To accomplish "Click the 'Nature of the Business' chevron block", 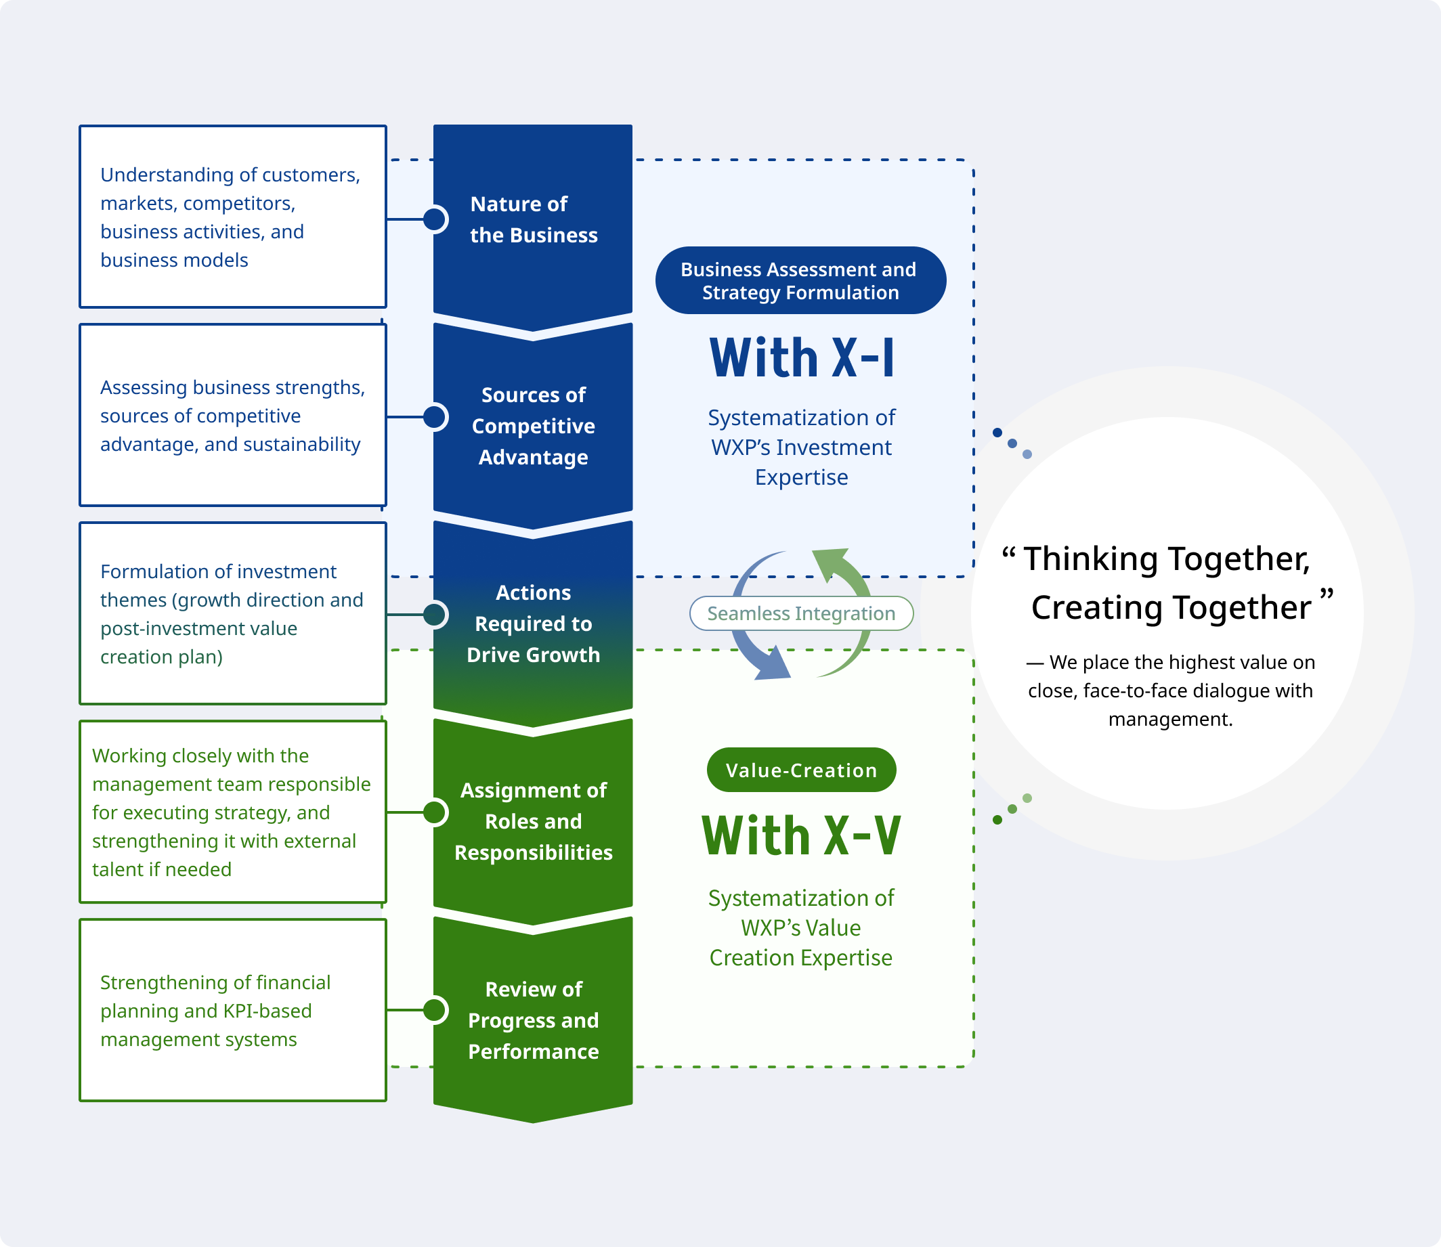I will pos(533,220).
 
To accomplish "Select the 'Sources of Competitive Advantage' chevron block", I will pos(533,425).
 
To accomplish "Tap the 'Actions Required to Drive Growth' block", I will pos(533,623).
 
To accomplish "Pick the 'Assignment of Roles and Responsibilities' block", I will pos(533,821).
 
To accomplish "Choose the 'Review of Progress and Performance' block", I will pos(533,1020).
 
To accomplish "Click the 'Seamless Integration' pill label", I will pos(801,613).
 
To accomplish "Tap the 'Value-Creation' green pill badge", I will pos(801,770).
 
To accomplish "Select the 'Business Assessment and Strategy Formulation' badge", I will pos(800,280).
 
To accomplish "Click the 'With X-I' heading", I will pos(801,358).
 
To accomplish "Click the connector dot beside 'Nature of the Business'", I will pos(435,219).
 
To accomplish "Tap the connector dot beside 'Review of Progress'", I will pos(435,1009).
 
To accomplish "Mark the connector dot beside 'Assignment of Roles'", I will pos(435,812).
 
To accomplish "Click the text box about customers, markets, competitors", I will pos(232,217).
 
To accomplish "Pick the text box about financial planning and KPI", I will pos(232,1009).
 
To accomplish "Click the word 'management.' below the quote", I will pos(1170,719).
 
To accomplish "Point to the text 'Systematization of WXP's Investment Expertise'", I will pos(801,447).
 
